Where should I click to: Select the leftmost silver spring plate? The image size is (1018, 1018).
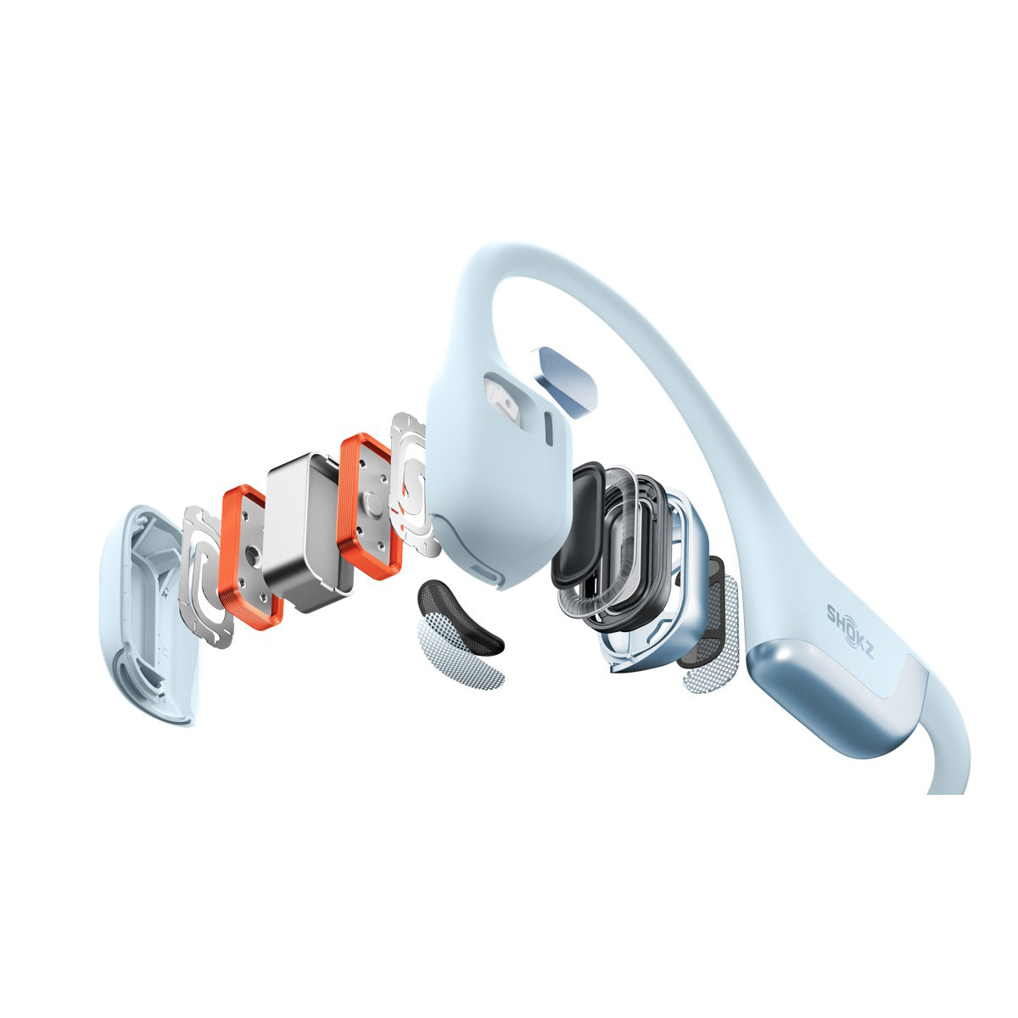pos(204,577)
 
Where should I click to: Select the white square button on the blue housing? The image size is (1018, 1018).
pos(501,398)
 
